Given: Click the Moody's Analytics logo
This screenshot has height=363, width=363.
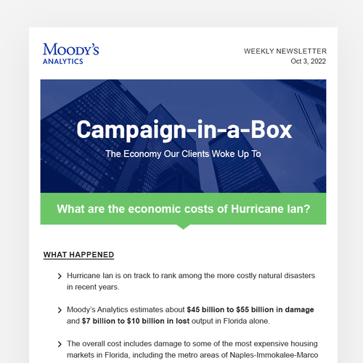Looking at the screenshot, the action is [71, 53].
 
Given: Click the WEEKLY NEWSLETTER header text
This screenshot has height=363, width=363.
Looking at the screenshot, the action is [285, 52].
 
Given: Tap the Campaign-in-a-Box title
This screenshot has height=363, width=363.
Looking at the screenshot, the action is [184, 131].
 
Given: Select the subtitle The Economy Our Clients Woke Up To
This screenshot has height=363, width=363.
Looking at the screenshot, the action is [184, 154].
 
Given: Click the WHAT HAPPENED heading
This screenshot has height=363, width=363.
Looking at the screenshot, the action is [78, 255].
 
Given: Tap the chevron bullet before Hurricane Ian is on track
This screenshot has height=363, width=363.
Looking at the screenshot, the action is [59, 277].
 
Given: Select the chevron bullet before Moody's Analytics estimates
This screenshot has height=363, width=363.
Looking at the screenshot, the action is [59, 310].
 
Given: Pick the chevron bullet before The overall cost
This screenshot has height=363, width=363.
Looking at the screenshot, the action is [59, 343].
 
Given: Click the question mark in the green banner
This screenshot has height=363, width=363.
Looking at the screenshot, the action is [307, 210].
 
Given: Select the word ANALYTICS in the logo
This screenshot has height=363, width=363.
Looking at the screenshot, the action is [63, 62].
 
